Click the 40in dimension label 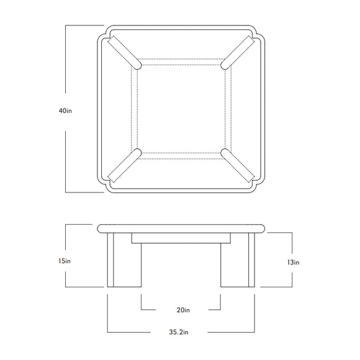pos(65,110)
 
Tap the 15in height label pos(65,261)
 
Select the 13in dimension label pos(293,262)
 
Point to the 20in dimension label pos(183,310)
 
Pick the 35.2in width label pos(179,332)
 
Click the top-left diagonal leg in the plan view pos(124,52)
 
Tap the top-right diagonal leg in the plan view pos(238,52)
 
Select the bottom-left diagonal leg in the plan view pos(124,166)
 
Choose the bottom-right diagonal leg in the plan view pos(238,166)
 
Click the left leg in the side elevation pos(124,259)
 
